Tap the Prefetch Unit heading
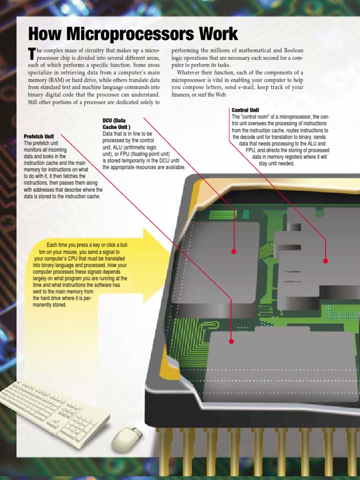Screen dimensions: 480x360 (x=39, y=136)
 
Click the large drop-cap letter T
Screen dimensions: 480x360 (x=32, y=54)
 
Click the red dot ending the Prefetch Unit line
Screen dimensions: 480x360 (x=232, y=342)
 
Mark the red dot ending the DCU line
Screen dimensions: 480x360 (x=234, y=252)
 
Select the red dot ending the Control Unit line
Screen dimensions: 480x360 (x=326, y=261)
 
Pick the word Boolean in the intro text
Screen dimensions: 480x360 (x=292, y=51)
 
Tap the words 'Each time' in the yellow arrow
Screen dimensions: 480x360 (x=58, y=245)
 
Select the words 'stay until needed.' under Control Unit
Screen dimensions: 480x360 (x=277, y=164)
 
